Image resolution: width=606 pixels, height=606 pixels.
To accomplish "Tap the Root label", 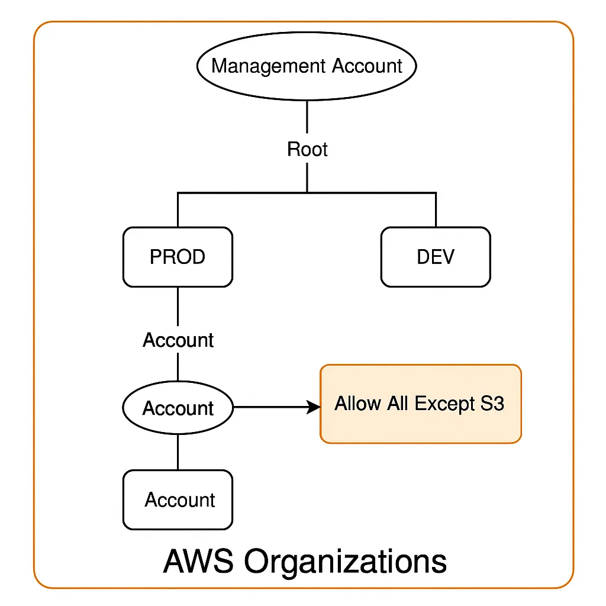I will point(307,149).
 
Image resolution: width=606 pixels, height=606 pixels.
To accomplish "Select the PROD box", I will point(178,257).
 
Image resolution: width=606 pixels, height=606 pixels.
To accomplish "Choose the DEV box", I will point(436,257).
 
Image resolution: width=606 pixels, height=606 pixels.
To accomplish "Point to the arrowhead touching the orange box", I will point(314,407).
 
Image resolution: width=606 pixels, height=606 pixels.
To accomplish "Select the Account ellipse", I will point(178,408).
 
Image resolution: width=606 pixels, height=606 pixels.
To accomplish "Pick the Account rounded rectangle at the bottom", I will point(178,500).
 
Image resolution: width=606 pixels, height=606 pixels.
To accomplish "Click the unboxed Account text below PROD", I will point(178,340).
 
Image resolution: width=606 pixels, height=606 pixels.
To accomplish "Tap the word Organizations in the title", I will point(346,560).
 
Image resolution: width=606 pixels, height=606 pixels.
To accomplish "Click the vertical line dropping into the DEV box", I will point(436,210).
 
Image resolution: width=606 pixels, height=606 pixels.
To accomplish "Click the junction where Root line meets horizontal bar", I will point(307,192).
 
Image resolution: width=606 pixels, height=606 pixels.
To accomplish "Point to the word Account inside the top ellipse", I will point(367,66).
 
